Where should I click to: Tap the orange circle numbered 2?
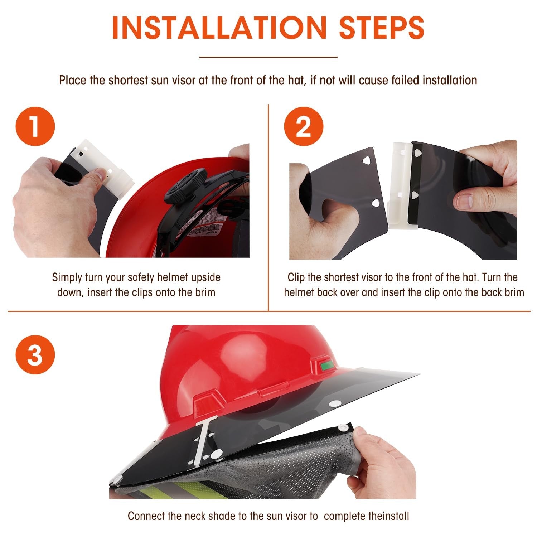click(x=304, y=126)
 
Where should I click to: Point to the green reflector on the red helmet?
click(x=326, y=366)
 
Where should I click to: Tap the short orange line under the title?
click(x=268, y=57)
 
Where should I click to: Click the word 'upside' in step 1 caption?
click(x=205, y=278)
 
